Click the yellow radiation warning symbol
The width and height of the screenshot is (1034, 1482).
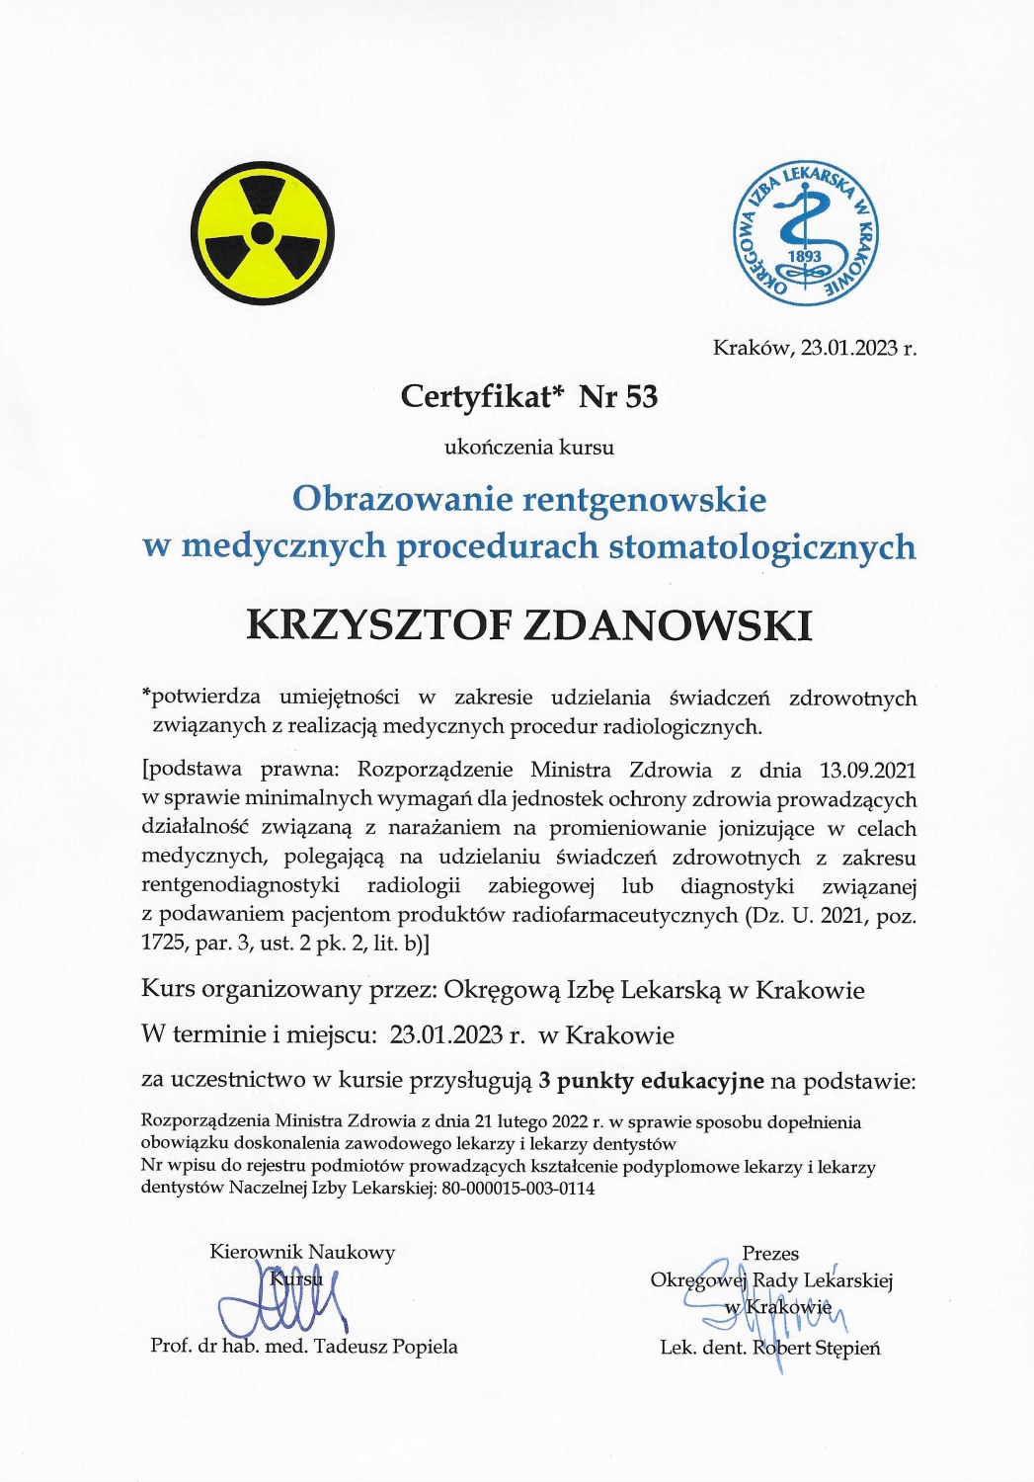click(262, 233)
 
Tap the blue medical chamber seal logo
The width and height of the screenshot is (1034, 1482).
click(805, 233)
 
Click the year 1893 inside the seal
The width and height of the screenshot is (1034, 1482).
click(804, 256)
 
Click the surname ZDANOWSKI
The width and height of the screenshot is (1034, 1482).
click(667, 625)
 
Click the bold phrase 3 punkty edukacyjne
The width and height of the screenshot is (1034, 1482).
click(651, 1080)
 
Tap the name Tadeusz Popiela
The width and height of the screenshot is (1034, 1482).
click(385, 1346)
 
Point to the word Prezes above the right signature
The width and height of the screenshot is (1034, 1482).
click(770, 1253)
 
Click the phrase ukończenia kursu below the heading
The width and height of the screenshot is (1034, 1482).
click(529, 447)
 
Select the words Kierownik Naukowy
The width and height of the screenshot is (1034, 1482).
click(302, 1252)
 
